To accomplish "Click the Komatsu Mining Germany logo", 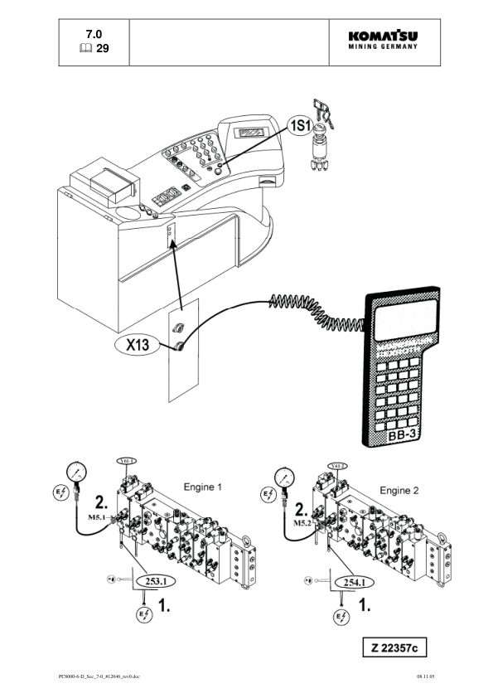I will point(383,41).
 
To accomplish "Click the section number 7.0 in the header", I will point(94,34).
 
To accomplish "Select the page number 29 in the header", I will point(102,49).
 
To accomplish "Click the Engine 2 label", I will point(399,490).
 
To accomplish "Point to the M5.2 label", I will point(301,522).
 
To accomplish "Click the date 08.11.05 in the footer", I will point(426,676).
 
